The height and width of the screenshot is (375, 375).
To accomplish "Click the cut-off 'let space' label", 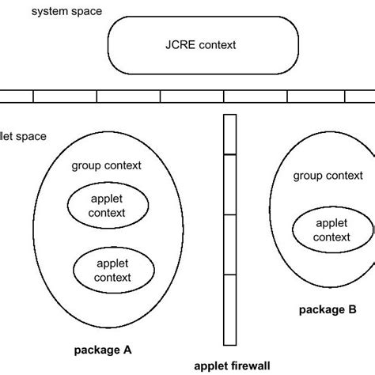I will click(x=23, y=136).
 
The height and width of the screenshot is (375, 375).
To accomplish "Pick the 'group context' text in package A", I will click(x=107, y=165).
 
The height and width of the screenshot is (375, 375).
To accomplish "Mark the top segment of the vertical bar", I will click(x=230, y=134).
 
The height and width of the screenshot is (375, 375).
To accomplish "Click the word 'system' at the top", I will click(x=45, y=13).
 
